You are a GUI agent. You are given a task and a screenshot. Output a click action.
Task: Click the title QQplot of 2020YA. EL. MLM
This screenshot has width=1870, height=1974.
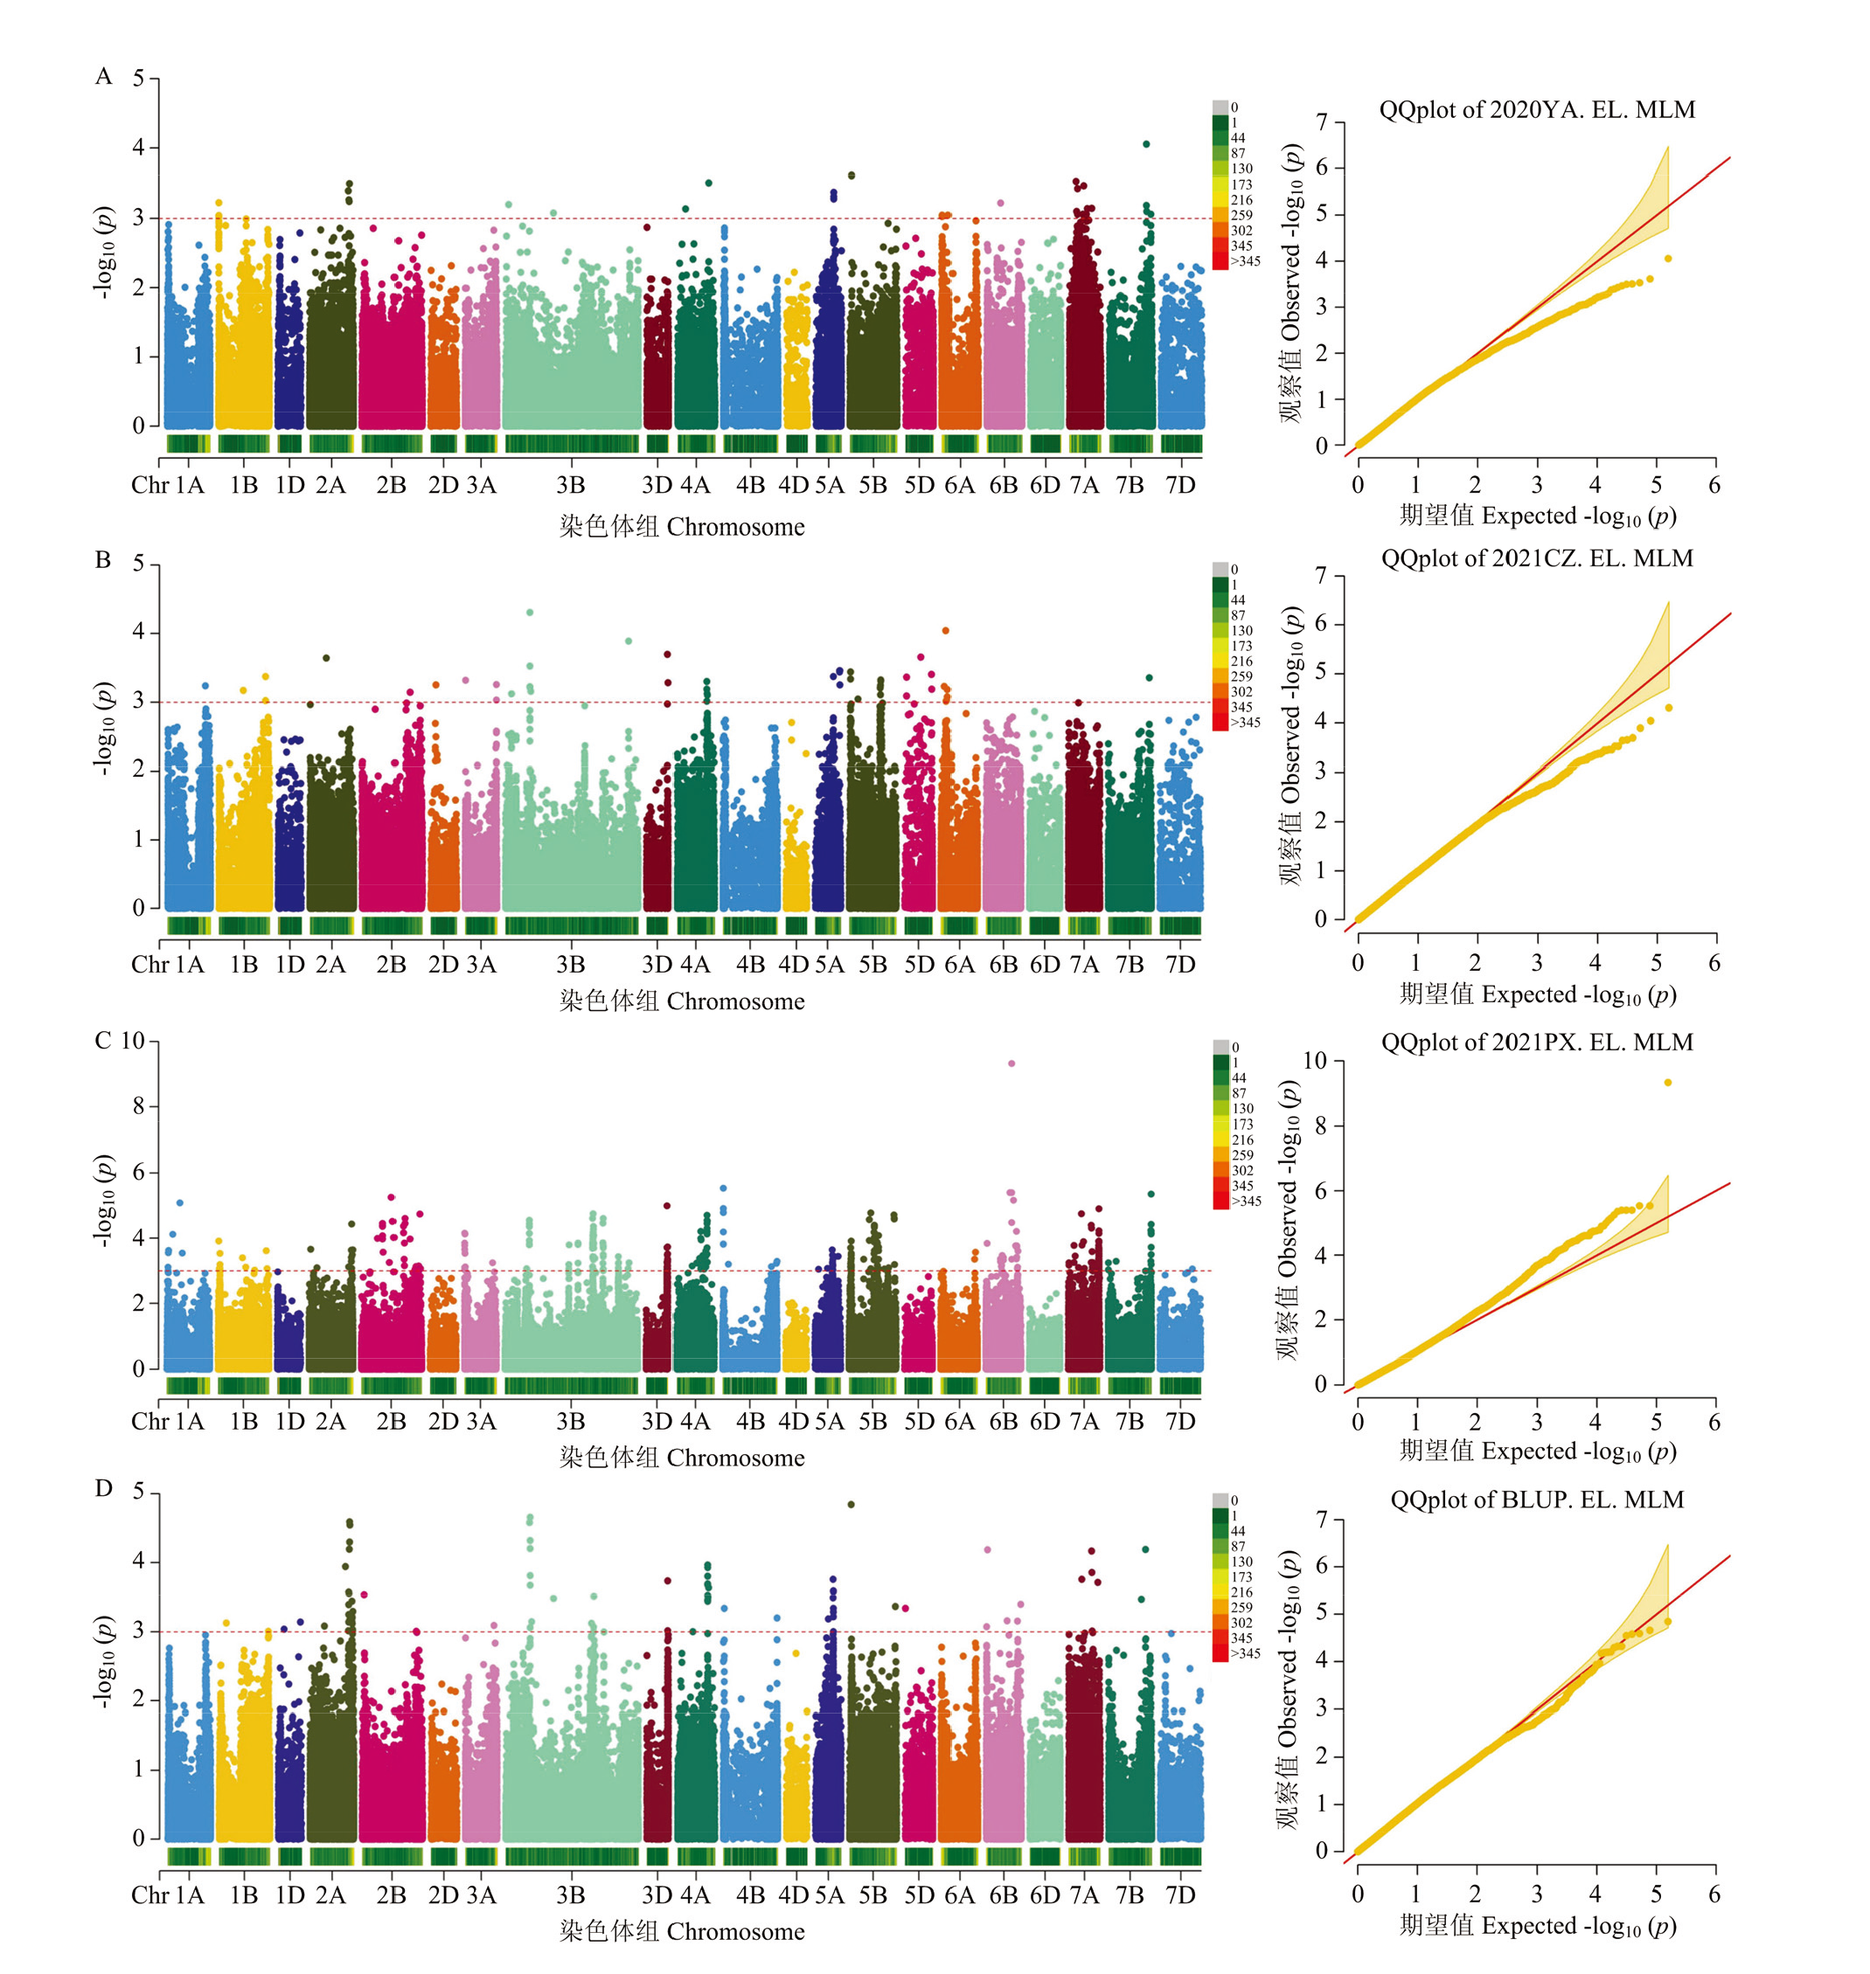pos(1537,109)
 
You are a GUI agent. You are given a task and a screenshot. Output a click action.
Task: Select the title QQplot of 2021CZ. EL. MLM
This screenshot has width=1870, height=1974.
pos(1537,558)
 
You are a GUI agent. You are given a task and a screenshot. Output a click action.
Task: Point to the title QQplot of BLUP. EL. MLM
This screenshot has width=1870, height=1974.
pos(1537,1500)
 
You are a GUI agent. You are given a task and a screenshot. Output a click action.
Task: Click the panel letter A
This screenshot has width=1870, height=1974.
pos(104,77)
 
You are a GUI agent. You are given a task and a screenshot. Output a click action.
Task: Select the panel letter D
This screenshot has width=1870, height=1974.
pos(104,1489)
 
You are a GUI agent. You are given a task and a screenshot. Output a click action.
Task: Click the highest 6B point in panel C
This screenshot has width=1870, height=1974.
pos(1011,1063)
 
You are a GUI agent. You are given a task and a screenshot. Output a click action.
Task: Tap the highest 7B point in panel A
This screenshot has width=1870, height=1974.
pos(1146,144)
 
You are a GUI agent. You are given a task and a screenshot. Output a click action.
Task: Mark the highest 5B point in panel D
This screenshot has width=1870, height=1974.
pos(851,1505)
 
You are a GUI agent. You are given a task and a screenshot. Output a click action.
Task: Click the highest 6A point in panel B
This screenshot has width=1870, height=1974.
pos(945,631)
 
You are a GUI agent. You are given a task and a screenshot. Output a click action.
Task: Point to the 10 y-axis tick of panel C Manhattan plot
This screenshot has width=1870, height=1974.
pos(134,1042)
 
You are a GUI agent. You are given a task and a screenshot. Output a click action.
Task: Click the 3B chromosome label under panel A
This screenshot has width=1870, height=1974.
pos(570,485)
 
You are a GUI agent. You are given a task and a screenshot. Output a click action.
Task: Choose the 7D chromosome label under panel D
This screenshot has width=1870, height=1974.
pos(1180,1894)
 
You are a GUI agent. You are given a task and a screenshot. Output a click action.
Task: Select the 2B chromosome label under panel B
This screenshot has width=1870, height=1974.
pos(391,965)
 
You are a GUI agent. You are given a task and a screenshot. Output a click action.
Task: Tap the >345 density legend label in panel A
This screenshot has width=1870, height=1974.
pos(1245,261)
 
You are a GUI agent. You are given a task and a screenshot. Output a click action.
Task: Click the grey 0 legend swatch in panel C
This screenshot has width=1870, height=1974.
pos(1220,1047)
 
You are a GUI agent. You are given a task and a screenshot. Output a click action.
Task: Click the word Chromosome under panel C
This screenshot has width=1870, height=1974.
pos(735,1458)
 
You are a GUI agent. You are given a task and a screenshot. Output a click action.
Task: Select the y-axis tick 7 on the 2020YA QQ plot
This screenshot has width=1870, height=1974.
pos(1322,122)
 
